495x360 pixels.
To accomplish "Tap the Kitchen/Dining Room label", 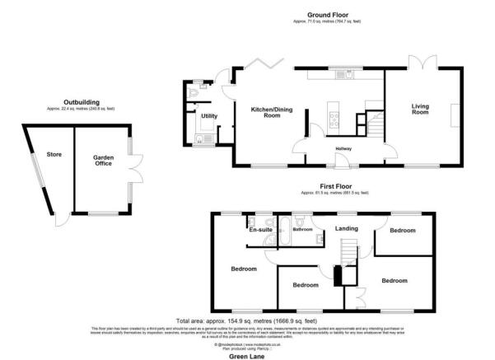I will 260,113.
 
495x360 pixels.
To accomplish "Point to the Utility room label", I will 209,116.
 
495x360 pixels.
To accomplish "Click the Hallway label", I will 343,148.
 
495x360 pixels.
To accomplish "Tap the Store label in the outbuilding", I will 54,153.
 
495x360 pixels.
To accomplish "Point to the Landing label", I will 345,229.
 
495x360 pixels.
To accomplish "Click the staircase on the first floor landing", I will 351,250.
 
